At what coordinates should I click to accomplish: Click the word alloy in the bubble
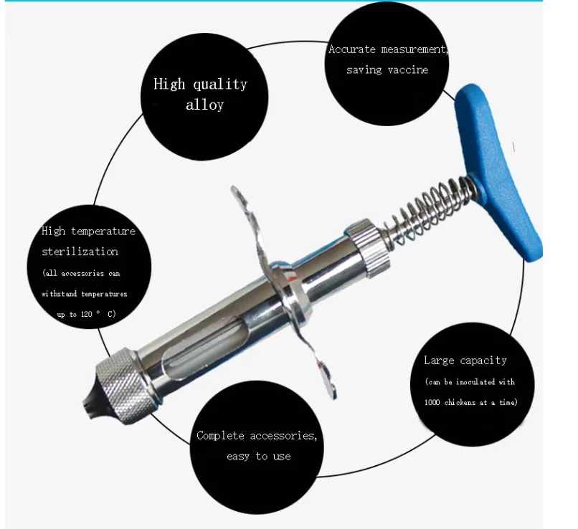click(204, 105)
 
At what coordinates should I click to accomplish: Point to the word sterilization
click(80, 252)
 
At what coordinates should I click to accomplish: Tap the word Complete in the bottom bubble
click(220, 436)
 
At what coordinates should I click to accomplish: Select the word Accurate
click(351, 49)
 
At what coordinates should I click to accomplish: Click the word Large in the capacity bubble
click(439, 361)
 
